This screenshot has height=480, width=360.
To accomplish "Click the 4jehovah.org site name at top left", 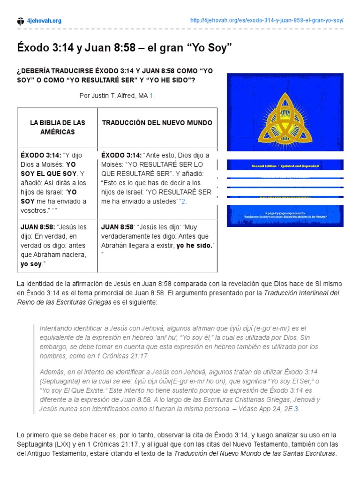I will pyautogui.click(x=45, y=21).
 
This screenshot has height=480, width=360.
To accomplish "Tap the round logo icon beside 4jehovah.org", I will pyautogui.click(x=20, y=21).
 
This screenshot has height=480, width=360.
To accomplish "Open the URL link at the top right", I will pyautogui.click(x=267, y=21).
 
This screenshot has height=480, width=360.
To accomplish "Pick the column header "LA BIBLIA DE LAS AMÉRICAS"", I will pyautogui.click(x=58, y=127).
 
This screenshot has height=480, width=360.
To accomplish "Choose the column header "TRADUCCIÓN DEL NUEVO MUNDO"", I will pyautogui.click(x=157, y=123).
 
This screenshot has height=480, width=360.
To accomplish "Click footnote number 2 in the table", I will pyautogui.click(x=184, y=201).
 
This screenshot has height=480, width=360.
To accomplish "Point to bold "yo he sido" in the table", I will pyautogui.click(x=194, y=246).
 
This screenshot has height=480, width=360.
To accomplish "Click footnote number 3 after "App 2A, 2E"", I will pyautogui.click(x=296, y=409).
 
